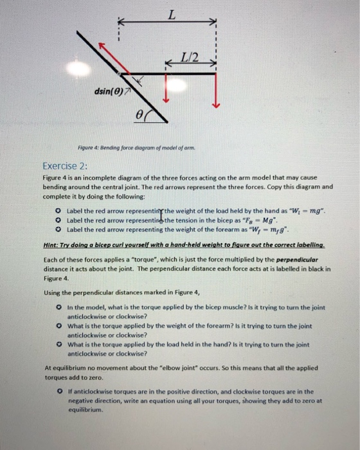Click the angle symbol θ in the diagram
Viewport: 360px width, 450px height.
tap(137, 114)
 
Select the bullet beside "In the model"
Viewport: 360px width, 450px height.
tap(60, 308)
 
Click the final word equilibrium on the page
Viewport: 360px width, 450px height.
tap(89, 408)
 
